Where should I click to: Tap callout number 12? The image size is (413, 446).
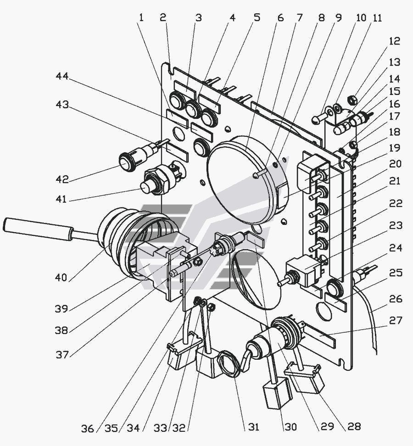394,41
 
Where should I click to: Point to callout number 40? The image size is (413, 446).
61,277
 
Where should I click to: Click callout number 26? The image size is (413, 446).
395,299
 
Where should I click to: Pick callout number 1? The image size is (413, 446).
141,18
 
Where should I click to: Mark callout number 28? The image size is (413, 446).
354,426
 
